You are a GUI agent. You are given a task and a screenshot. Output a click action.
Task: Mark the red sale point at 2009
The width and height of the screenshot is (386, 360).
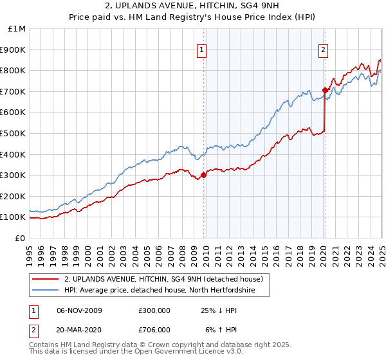point(204,175)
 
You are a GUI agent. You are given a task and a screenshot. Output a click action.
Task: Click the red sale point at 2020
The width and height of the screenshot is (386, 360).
point(325,90)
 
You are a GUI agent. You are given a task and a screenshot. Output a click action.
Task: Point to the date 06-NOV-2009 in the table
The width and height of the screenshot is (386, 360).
point(80,310)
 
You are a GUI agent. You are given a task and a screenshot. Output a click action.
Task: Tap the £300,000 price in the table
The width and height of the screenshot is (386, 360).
point(154,310)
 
